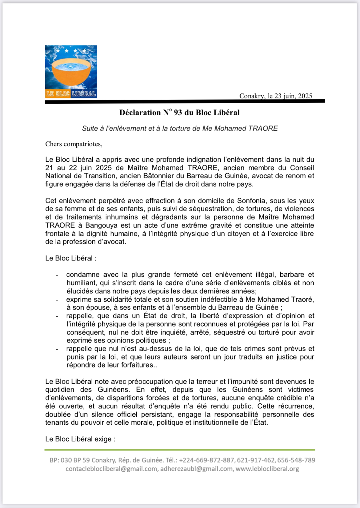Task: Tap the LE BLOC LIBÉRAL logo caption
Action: tap(71, 94)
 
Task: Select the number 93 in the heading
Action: tap(178, 113)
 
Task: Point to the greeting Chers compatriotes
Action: tap(74, 144)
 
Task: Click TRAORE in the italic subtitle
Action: tap(263, 129)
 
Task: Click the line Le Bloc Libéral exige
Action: tap(80, 439)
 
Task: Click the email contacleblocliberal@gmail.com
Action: tap(111, 469)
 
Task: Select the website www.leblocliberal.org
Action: tap(267, 469)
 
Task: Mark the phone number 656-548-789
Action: tap(296, 460)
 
